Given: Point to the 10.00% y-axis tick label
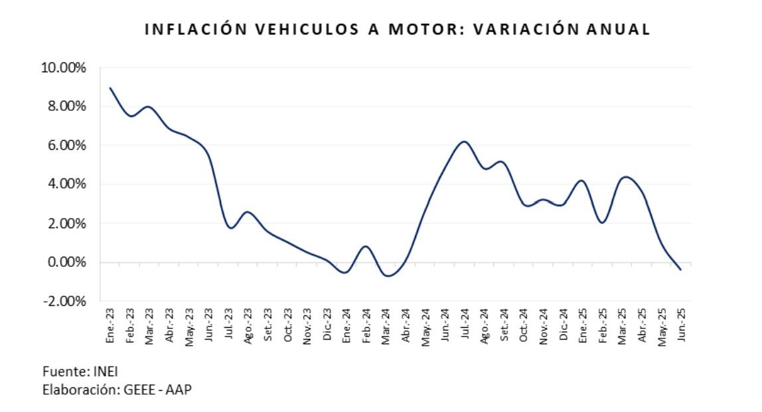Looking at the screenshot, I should click(x=64, y=68).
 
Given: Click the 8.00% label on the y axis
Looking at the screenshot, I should click(x=67, y=107).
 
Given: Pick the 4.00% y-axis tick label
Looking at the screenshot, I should click(x=67, y=184).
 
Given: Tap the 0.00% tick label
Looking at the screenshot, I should click(x=67, y=263).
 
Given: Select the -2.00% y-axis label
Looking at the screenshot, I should click(x=65, y=301).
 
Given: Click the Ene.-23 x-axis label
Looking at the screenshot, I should click(x=110, y=325).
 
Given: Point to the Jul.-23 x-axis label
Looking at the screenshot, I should click(x=228, y=325).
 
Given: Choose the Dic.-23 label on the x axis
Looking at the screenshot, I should click(x=327, y=325).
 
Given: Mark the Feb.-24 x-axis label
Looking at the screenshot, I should click(x=366, y=325).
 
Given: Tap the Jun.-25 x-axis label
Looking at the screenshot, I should click(x=681, y=325).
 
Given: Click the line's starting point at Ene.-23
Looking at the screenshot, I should click(x=110, y=88).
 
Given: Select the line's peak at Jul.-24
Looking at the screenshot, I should click(x=464, y=141).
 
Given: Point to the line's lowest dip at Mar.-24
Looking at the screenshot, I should click(x=388, y=275).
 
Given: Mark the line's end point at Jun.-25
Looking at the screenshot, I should click(x=680, y=269).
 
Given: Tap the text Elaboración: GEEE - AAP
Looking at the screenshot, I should click(x=117, y=389).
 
